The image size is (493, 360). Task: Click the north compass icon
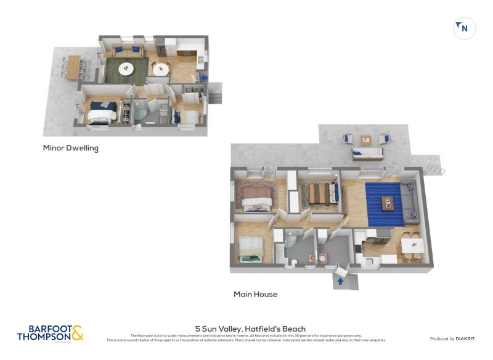click(x=464, y=28)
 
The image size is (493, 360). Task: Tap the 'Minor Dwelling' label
click(x=70, y=148)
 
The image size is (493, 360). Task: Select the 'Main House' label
click(x=255, y=294)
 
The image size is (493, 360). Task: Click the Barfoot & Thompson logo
click(x=50, y=333)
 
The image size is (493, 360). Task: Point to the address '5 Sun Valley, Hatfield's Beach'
click(x=250, y=329)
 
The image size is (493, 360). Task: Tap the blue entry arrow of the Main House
click(x=338, y=282)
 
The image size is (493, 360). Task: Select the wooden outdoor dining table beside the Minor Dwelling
click(x=74, y=67)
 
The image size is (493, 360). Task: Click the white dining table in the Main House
click(x=410, y=245)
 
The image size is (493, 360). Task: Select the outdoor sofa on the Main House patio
click(x=367, y=153)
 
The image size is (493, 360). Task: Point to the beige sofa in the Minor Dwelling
click(x=126, y=51)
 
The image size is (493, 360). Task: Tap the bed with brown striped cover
click(x=320, y=194)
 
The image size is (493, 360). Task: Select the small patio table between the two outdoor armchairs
click(x=366, y=139)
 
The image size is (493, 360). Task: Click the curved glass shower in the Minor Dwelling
click(x=141, y=112)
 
